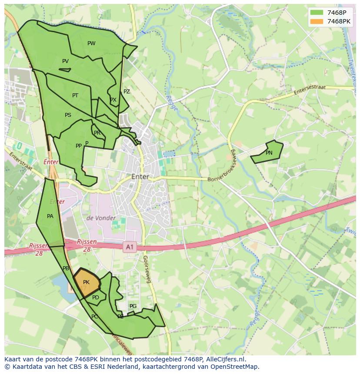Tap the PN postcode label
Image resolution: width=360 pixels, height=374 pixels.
(269, 153)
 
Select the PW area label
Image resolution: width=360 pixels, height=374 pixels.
(91, 43)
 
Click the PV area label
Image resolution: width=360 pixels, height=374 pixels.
(65, 61)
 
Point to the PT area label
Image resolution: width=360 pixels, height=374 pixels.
(75, 96)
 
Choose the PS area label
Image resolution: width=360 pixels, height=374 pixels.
(68, 115)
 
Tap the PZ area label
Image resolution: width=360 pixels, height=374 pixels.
(127, 92)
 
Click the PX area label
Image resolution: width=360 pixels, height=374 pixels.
(113, 100)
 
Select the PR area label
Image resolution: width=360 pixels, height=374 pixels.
(97, 133)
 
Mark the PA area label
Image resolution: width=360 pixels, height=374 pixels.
(50, 216)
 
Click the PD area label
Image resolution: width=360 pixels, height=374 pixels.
(96, 298)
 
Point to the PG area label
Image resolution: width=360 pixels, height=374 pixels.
(133, 306)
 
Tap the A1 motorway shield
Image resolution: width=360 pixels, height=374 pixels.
(130, 247)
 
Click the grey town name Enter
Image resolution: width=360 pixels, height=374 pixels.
(140, 177)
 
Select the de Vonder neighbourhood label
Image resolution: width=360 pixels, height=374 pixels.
(101, 218)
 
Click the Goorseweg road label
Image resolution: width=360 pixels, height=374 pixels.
(147, 269)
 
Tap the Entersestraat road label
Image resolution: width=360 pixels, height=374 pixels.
(309, 90)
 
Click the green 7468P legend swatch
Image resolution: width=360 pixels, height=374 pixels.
(317, 12)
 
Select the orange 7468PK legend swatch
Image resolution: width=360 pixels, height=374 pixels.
(317, 21)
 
